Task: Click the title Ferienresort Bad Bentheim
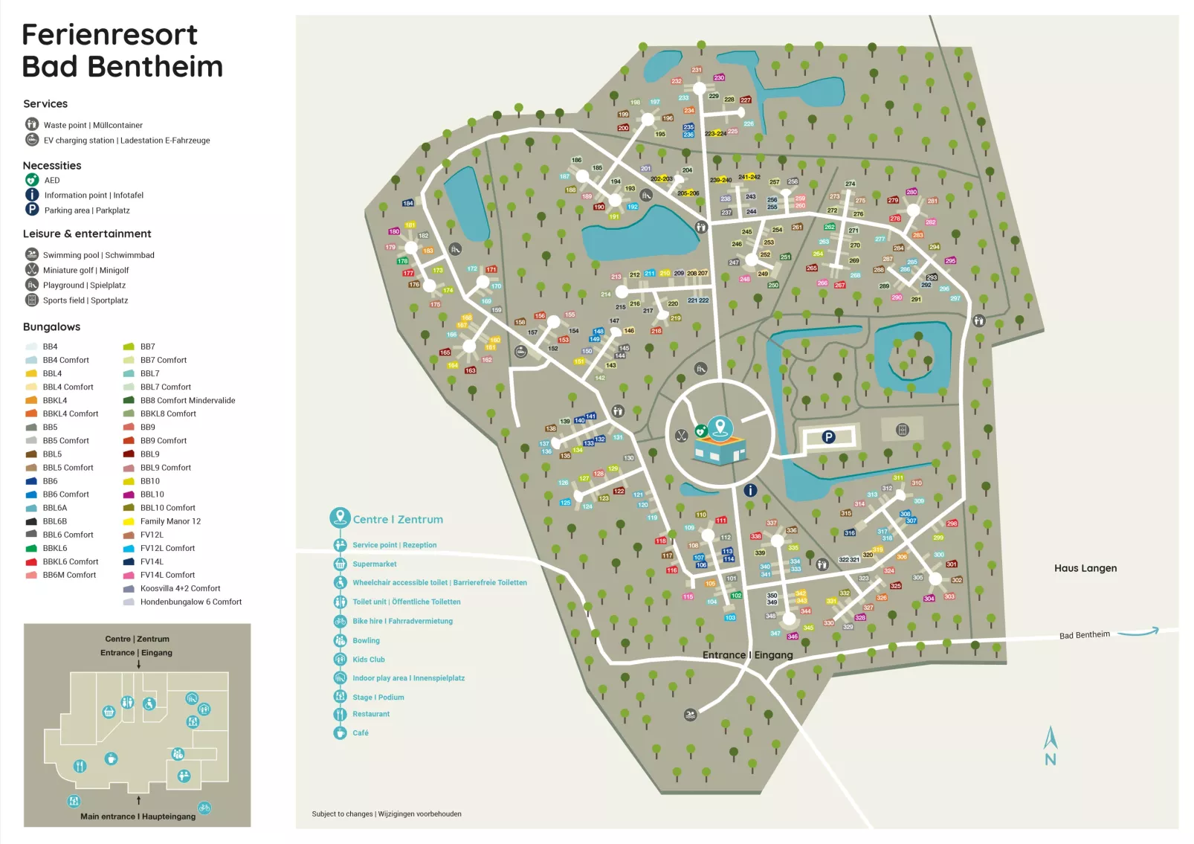[122, 51]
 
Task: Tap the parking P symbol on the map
[828, 437]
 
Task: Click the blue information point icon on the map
[750, 490]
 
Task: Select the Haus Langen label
[1085, 568]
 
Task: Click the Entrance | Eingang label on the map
[747, 655]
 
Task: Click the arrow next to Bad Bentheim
[1137, 632]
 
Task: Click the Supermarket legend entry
[374, 564]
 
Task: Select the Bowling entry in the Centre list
[366, 640]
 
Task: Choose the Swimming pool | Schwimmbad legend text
[98, 255]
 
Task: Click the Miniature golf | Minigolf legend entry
[85, 270]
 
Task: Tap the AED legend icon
[32, 180]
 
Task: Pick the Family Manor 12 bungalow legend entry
[170, 521]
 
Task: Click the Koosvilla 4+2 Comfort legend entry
[180, 588]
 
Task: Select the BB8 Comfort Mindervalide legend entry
[187, 400]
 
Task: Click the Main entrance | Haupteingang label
[138, 816]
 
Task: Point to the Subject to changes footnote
[387, 814]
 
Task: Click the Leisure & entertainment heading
[87, 233]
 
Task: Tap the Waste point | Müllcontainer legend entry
[93, 125]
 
